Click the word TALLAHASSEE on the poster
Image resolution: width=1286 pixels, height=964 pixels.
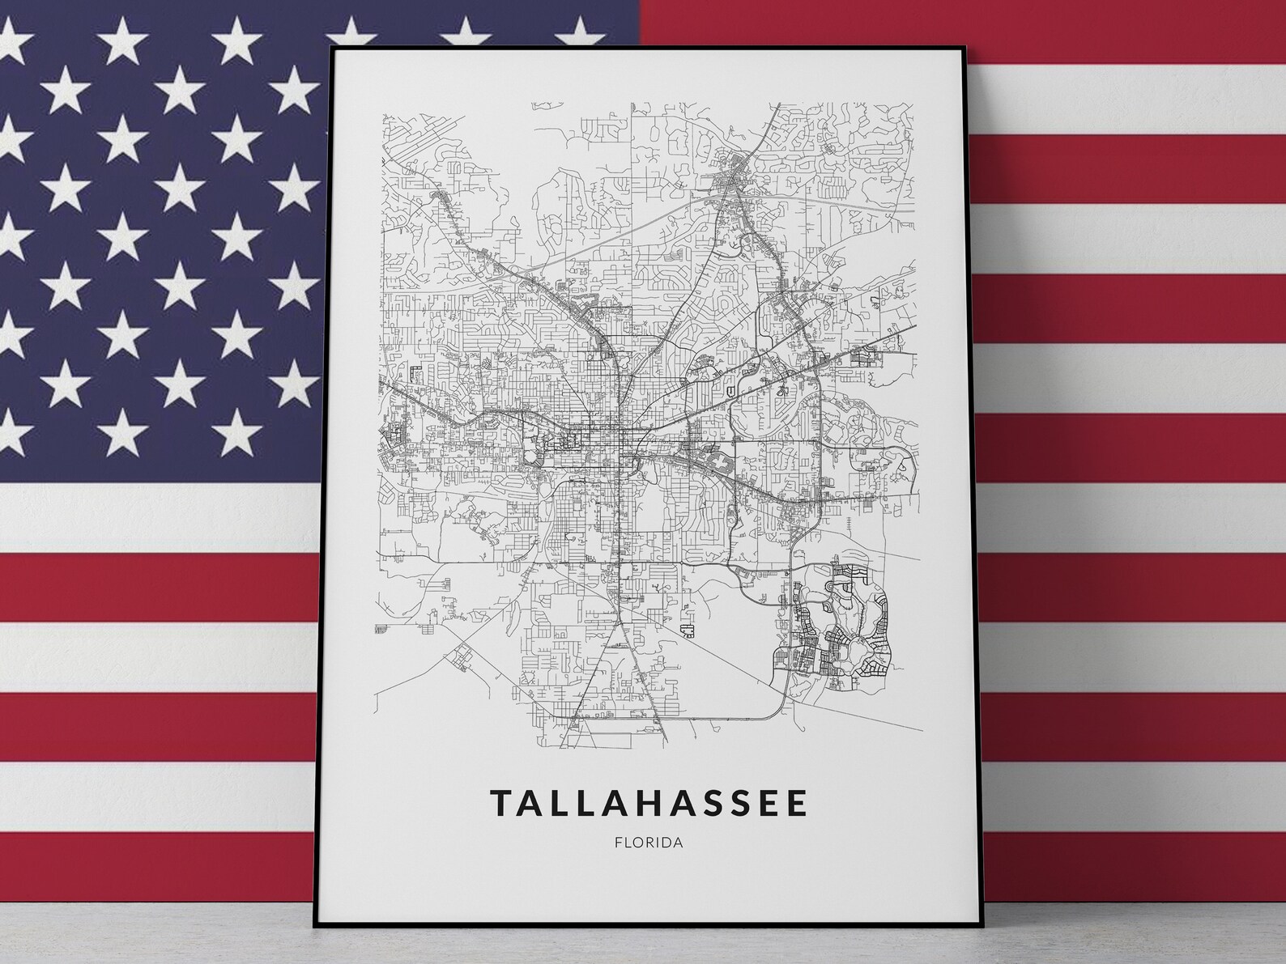coord(649,803)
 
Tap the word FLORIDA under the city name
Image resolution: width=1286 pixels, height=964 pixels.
coord(649,842)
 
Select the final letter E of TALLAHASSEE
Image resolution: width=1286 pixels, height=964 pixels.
coord(797,803)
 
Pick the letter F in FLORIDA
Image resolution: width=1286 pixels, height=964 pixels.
coord(619,842)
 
